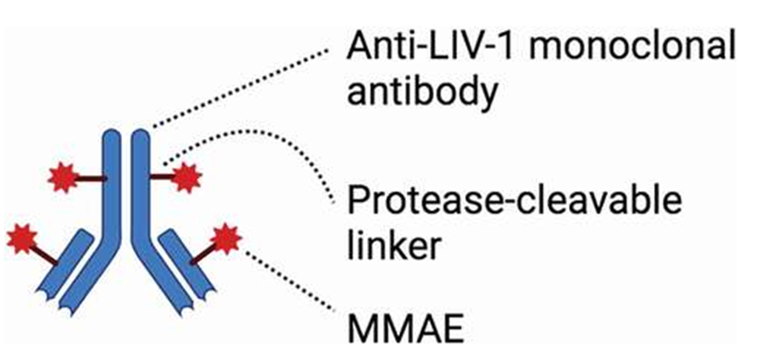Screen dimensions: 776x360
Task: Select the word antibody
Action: point(422,93)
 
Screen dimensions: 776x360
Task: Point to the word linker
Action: point(394,244)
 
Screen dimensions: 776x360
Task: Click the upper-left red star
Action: point(64,177)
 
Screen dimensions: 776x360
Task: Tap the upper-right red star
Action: point(187,177)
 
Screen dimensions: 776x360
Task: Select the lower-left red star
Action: point(22,239)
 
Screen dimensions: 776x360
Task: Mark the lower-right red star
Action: point(226,239)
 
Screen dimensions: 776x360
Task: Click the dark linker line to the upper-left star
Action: point(92,178)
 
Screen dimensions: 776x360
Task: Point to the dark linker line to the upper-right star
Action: point(160,177)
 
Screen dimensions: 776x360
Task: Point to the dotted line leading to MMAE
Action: point(291,280)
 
